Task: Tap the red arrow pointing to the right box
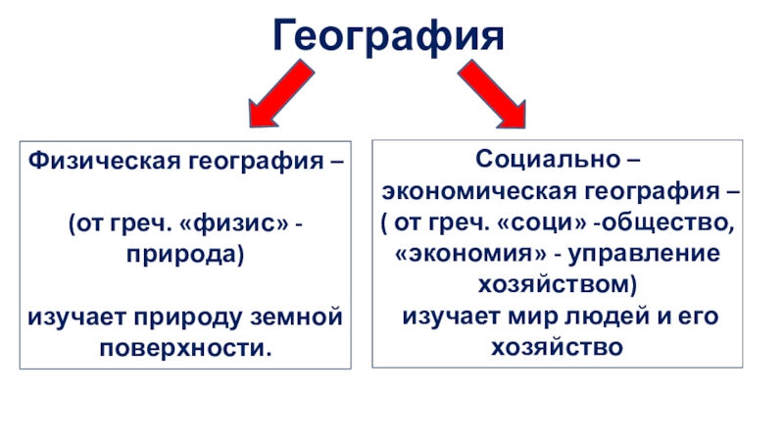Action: [x=493, y=94]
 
